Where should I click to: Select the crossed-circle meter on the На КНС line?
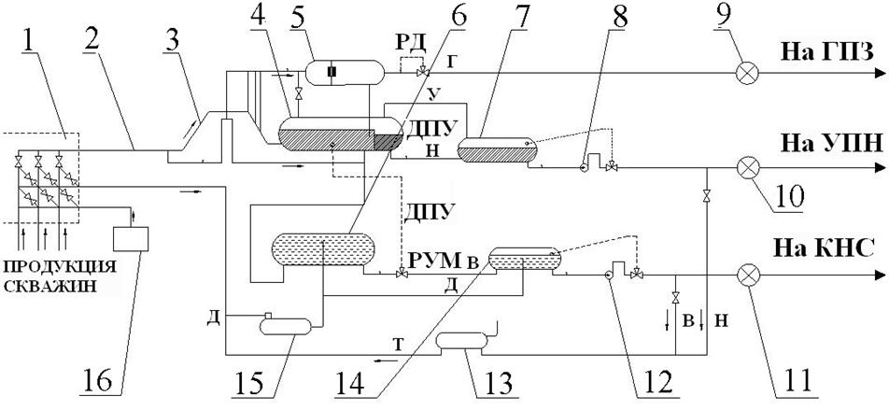click(x=747, y=276)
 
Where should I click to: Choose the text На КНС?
click(x=822, y=248)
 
